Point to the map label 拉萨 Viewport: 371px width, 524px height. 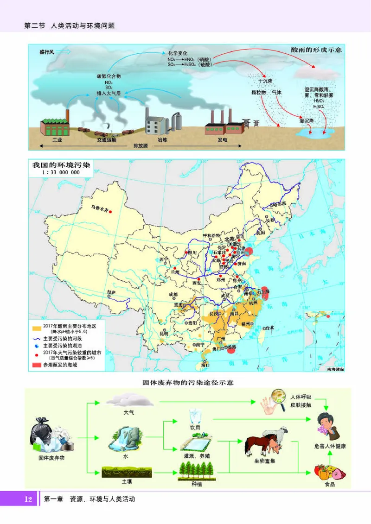coord(111,292)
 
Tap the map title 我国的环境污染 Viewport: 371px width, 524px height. coord(61,164)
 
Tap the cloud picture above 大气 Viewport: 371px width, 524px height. coord(123,399)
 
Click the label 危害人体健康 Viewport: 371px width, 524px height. coord(330,446)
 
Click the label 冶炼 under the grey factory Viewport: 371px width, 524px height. coord(162,139)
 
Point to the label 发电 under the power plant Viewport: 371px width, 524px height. coord(223,139)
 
